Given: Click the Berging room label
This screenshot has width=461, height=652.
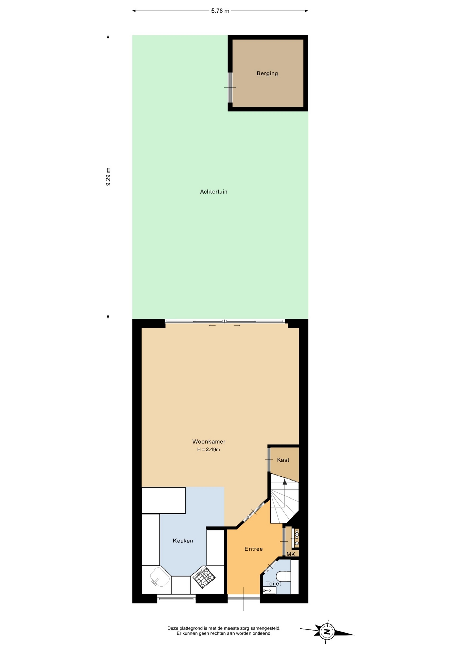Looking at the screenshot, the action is pos(267,73).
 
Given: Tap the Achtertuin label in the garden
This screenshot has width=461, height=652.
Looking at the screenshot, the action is pos(214,192).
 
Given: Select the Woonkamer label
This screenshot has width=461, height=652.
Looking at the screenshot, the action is pos(209,442).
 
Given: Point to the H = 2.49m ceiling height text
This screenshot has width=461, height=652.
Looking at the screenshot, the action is pos(208,450).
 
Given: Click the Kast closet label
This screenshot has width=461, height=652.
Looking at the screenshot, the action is pos(283,460).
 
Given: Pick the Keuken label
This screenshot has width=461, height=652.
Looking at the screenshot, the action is pos(183,541).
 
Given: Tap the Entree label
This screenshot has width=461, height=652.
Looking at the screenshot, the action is pos(254,549).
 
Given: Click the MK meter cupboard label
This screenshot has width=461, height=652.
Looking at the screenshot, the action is pos(291,554).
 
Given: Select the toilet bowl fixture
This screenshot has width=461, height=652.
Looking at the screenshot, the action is pos(283,576).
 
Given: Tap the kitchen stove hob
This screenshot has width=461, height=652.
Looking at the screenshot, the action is pos(204,578).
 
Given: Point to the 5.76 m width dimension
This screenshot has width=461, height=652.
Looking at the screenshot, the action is pos(220,11).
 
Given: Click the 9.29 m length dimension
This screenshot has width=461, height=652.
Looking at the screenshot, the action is pos(108,177).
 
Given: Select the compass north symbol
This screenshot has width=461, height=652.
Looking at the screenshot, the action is pos(327,632).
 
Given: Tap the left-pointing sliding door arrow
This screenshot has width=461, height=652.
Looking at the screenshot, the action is pos(212,326).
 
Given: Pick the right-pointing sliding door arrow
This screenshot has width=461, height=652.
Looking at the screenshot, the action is pos(237,326).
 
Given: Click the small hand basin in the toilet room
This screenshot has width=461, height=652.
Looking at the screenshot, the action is pos(270,591).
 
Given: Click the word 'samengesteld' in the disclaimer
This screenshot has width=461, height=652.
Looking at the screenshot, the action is pos(265,628).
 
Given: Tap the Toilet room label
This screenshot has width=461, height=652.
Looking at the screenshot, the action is pos(274,584).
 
